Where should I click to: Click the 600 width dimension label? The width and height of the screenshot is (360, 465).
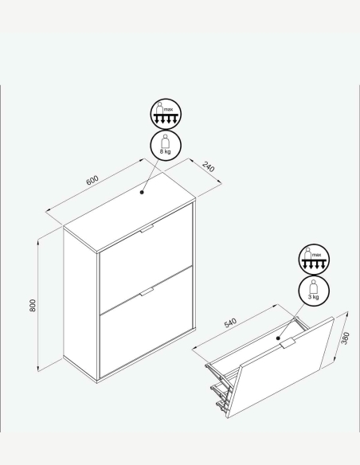[x=92, y=180]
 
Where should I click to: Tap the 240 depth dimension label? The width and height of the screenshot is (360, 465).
[x=208, y=166]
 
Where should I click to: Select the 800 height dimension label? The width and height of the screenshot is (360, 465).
[x=33, y=306]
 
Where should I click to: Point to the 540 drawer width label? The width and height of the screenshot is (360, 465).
[x=230, y=323]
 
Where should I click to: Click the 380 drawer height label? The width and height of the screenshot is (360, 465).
[x=346, y=338]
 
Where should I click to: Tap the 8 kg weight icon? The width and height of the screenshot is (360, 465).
[x=166, y=145]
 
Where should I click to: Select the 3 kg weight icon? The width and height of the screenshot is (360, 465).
[x=314, y=291]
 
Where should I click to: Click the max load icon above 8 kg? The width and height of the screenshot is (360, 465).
[x=166, y=114]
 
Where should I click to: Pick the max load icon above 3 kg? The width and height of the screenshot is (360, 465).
[x=314, y=260]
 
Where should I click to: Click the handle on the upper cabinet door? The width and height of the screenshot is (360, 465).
[x=147, y=229]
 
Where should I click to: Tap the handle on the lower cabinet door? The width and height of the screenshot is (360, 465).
[x=147, y=292]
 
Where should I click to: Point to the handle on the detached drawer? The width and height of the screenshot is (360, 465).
[x=288, y=343]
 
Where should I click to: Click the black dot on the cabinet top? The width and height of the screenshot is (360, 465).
[x=142, y=192]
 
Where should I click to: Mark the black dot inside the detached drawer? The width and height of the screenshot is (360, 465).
[x=278, y=338]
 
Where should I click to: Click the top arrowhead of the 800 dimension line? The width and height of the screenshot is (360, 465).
[x=38, y=243]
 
